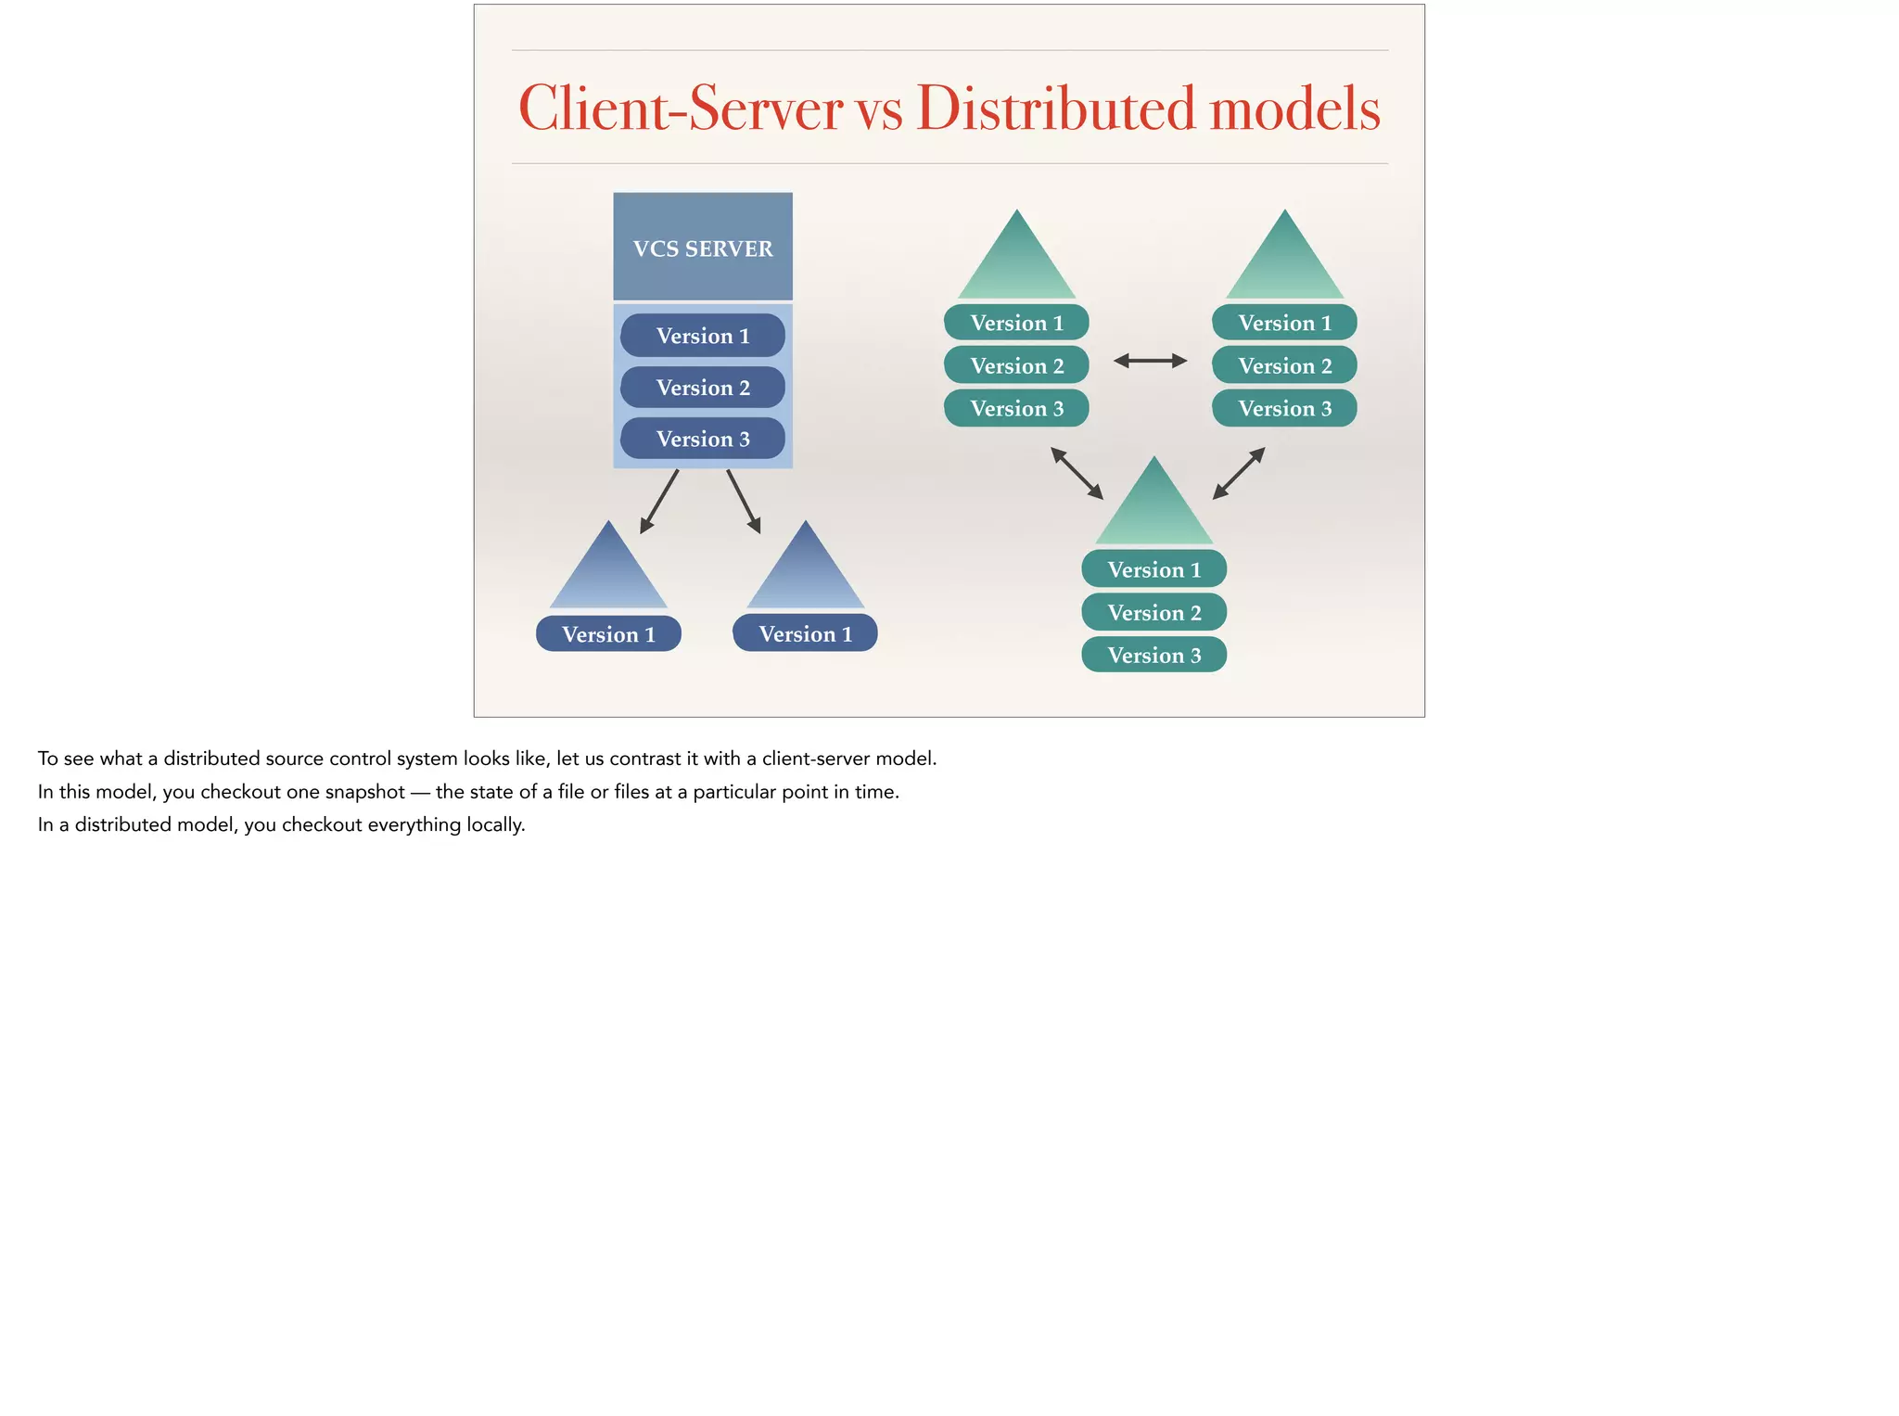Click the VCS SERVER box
coord(703,247)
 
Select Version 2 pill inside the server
coord(703,388)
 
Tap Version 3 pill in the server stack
coord(703,439)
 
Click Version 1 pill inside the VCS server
coord(703,336)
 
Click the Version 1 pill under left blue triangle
coord(608,634)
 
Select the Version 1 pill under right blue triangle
coord(805,633)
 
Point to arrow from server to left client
coord(659,502)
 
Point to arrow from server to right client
coord(744,502)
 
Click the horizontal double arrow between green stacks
coord(1150,361)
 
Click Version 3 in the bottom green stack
coord(1154,656)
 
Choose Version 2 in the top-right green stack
coord(1284,365)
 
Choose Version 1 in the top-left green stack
coord(1016,323)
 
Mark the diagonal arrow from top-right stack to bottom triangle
coord(1239,474)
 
